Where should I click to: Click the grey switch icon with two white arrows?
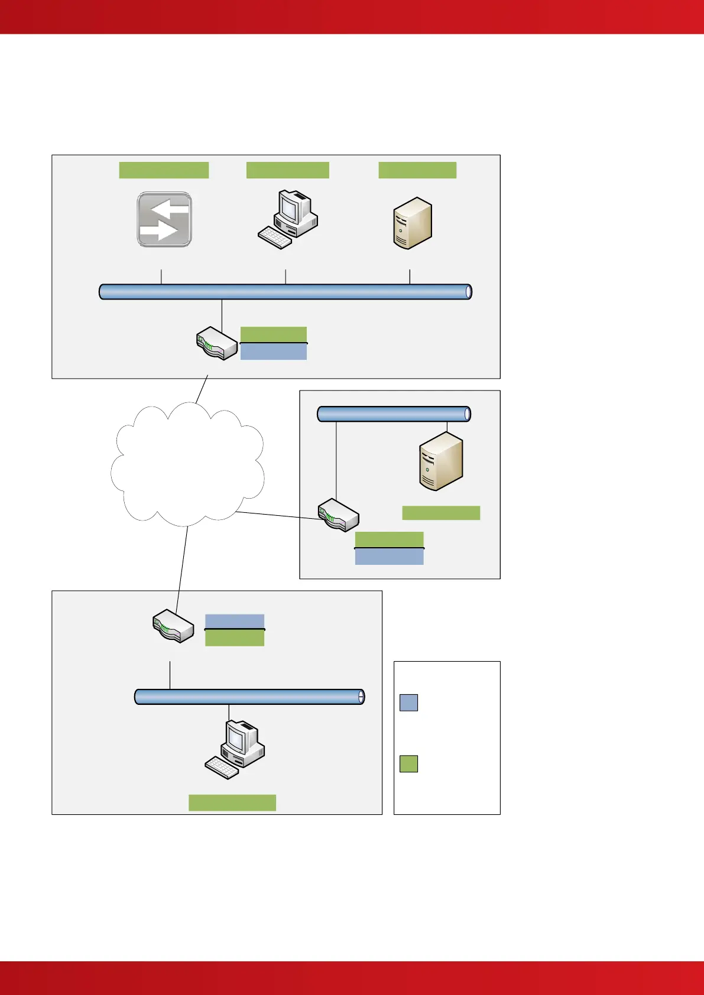tap(164, 219)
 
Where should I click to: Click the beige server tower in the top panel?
tap(413, 223)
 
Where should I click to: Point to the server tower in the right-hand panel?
tap(441, 461)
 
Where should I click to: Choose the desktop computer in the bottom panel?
tap(235, 749)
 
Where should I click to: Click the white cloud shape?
tap(187, 464)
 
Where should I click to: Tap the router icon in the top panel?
tap(216, 344)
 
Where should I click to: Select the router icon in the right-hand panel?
tap(339, 515)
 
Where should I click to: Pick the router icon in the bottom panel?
tap(173, 626)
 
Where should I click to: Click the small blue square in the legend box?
tap(408, 703)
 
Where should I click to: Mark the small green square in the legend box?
tap(408, 763)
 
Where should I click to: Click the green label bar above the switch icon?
tap(164, 170)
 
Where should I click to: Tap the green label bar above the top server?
tap(417, 170)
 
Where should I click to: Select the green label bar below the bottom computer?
tap(232, 802)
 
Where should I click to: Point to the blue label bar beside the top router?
tap(274, 352)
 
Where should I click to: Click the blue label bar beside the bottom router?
tap(235, 622)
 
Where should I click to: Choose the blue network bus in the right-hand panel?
tap(394, 414)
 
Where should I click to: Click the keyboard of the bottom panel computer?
tap(222, 768)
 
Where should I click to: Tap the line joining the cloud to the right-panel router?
tap(278, 515)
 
